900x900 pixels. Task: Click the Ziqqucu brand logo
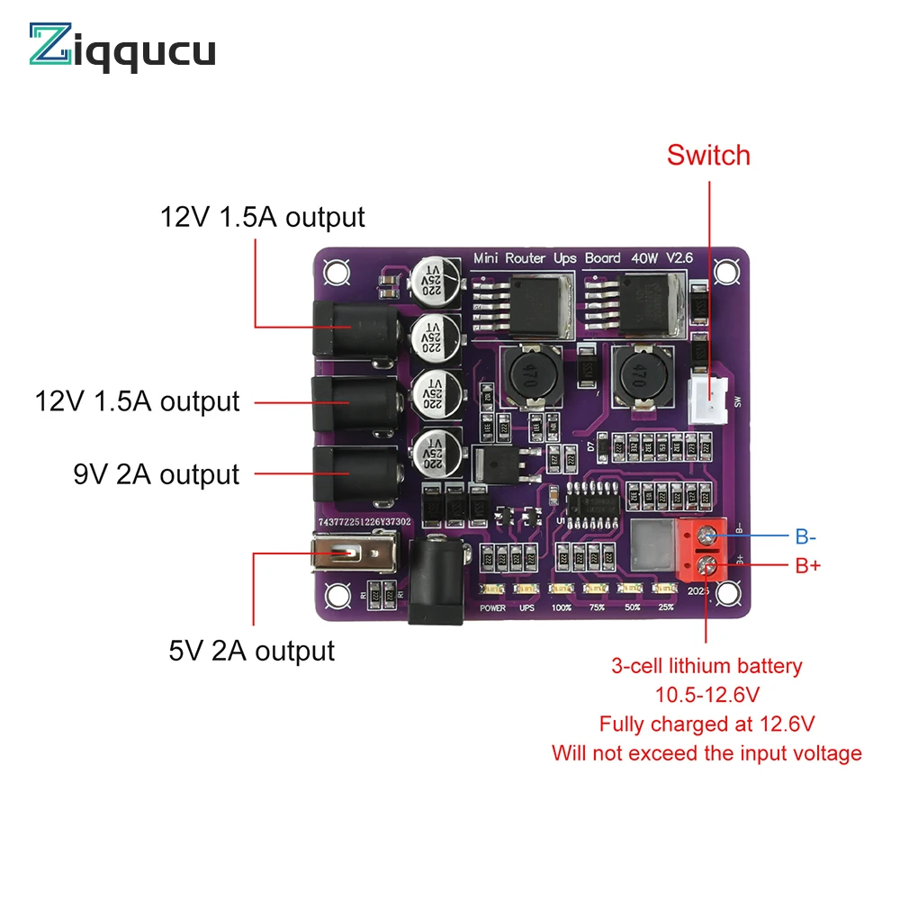pyautogui.click(x=122, y=46)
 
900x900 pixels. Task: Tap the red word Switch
pyautogui.click(x=708, y=155)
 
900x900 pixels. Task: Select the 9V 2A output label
pyautogui.click(x=157, y=474)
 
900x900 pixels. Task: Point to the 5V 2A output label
pyautogui.click(x=251, y=650)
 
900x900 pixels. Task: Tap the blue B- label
pyautogui.click(x=805, y=537)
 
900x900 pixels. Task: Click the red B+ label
pyautogui.click(x=807, y=566)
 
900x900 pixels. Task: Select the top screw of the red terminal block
pyautogui.click(x=706, y=537)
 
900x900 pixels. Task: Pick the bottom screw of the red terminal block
pyautogui.click(x=706, y=567)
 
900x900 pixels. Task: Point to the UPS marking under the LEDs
pyautogui.click(x=526, y=607)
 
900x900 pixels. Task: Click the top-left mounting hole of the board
pyautogui.click(x=337, y=269)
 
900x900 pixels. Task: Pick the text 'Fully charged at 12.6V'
pyautogui.click(x=706, y=724)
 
